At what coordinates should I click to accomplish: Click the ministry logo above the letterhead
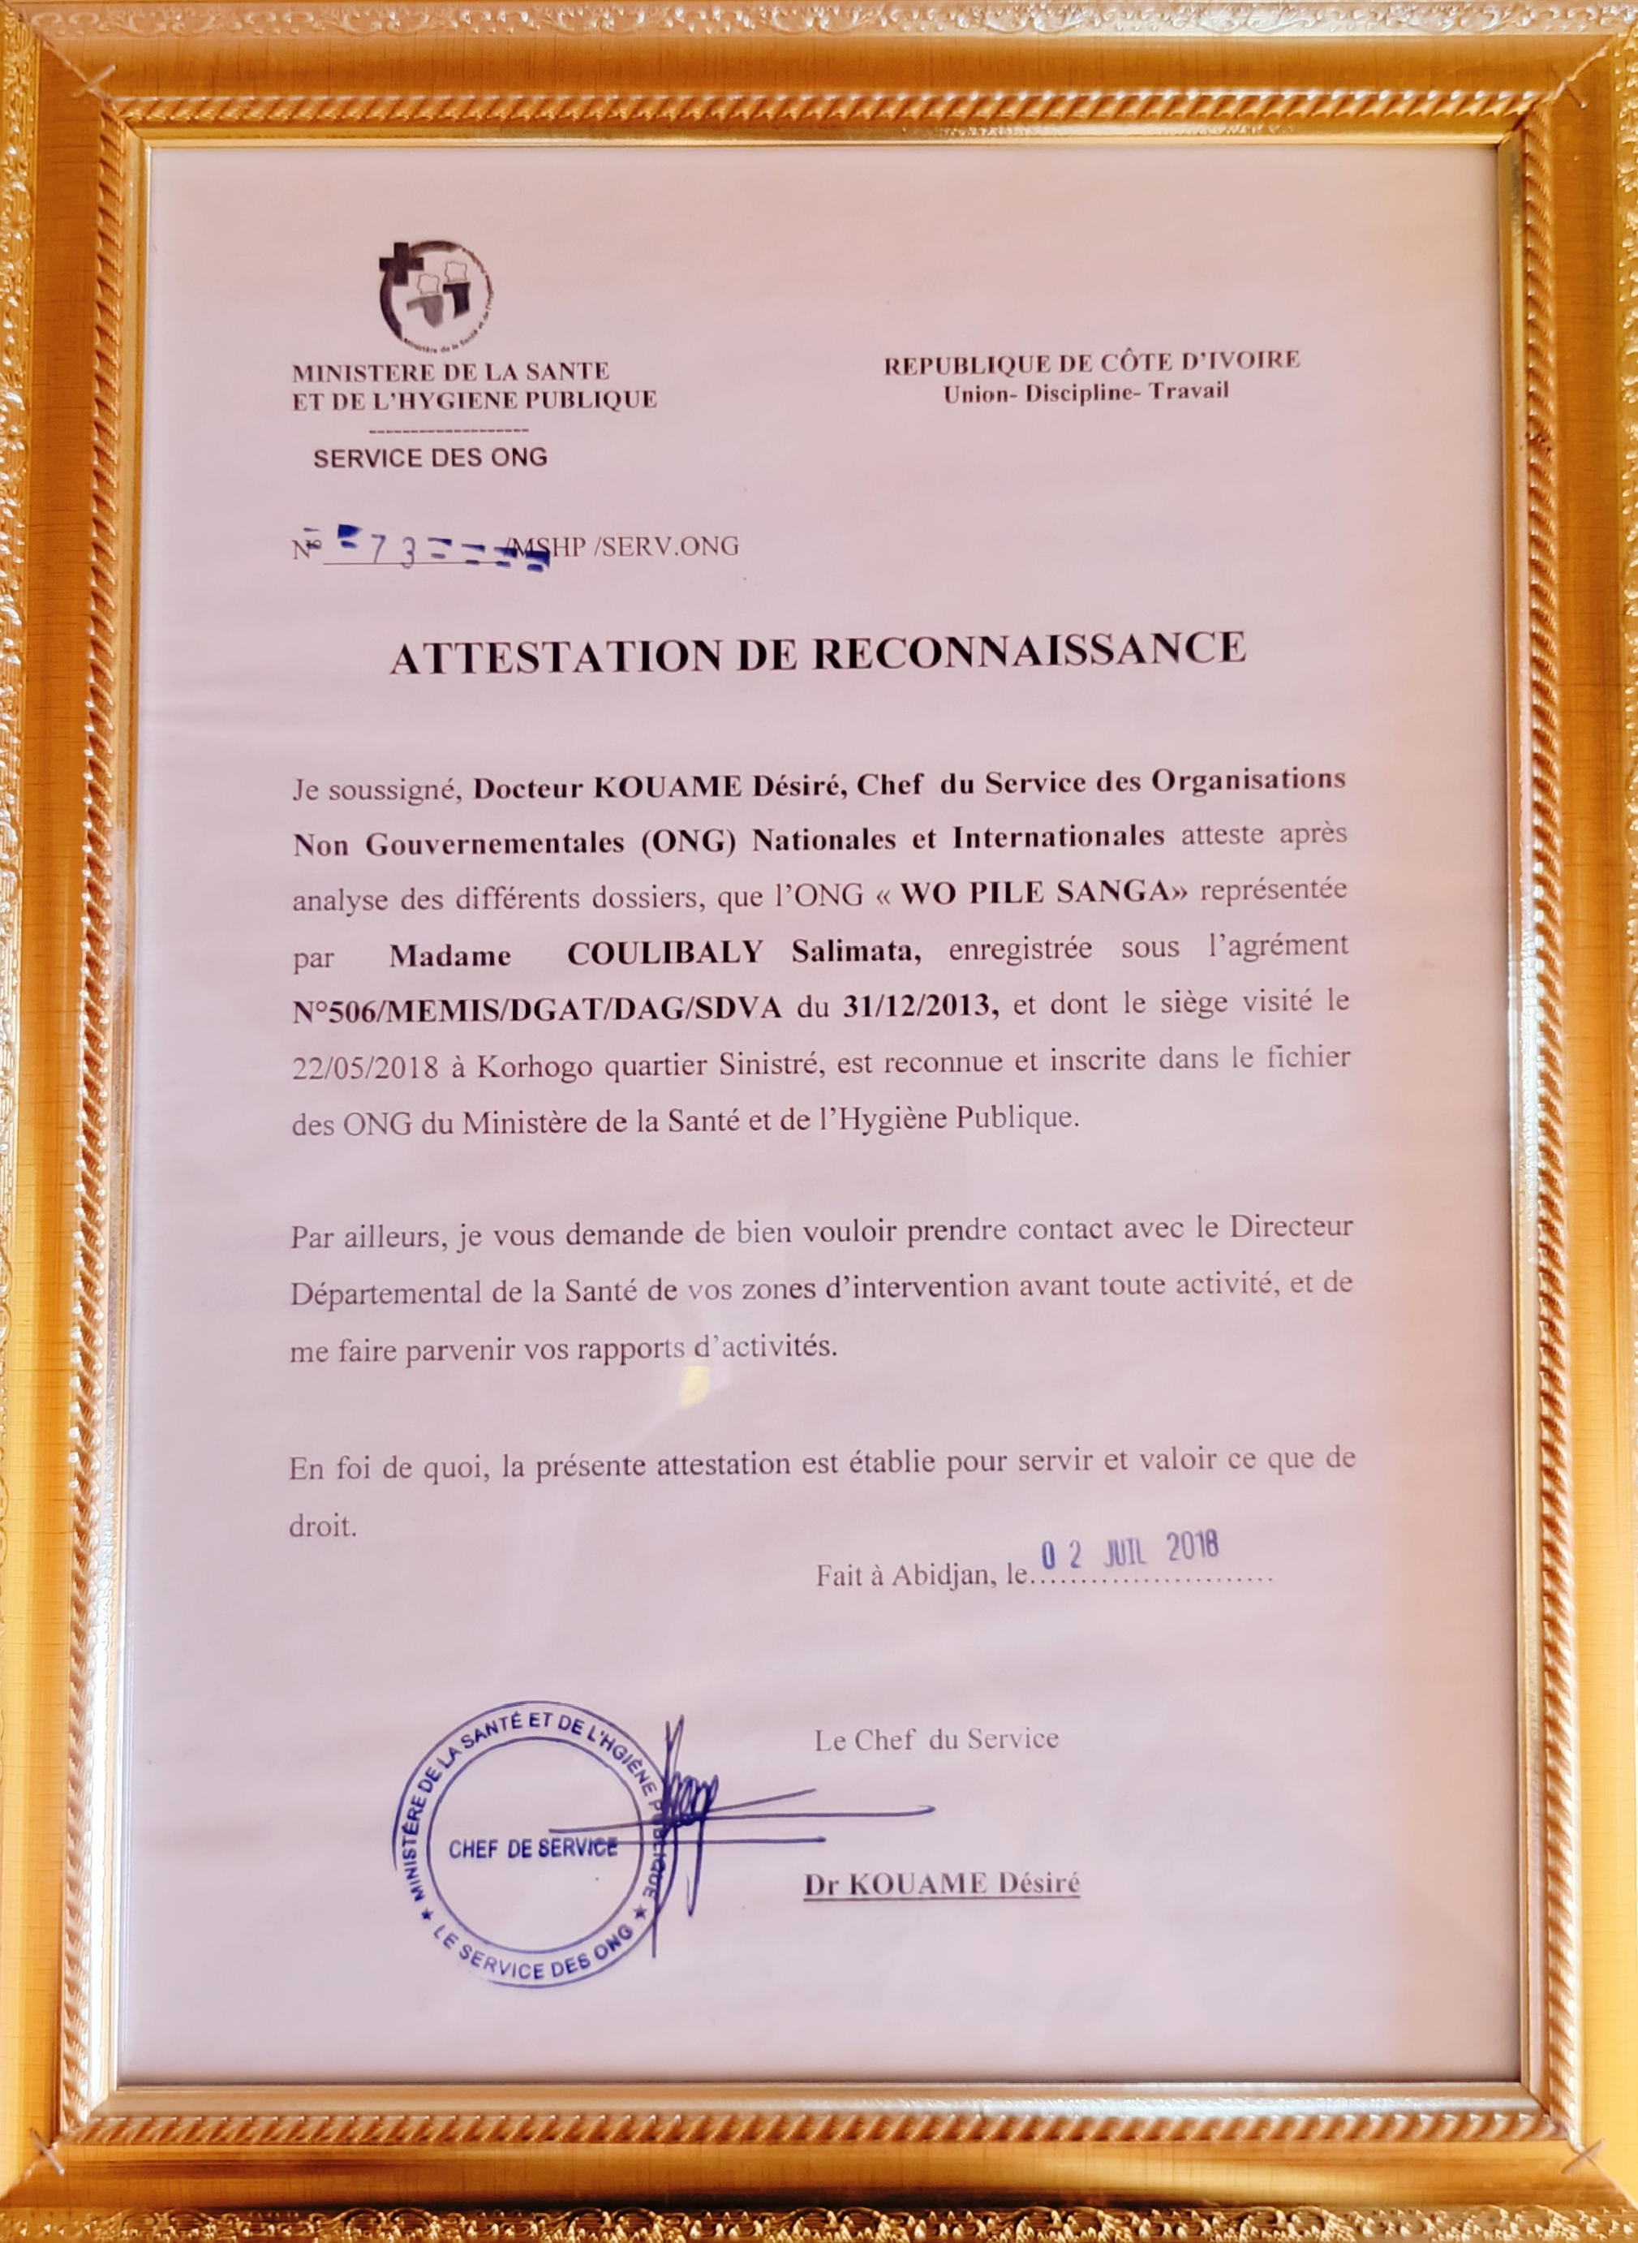[x=436, y=298]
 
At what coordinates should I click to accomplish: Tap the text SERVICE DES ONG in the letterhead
[x=430, y=457]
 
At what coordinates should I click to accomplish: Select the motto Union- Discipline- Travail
[x=1086, y=393]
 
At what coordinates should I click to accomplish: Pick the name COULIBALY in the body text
[x=664, y=952]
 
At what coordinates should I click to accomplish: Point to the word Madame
[x=450, y=955]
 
